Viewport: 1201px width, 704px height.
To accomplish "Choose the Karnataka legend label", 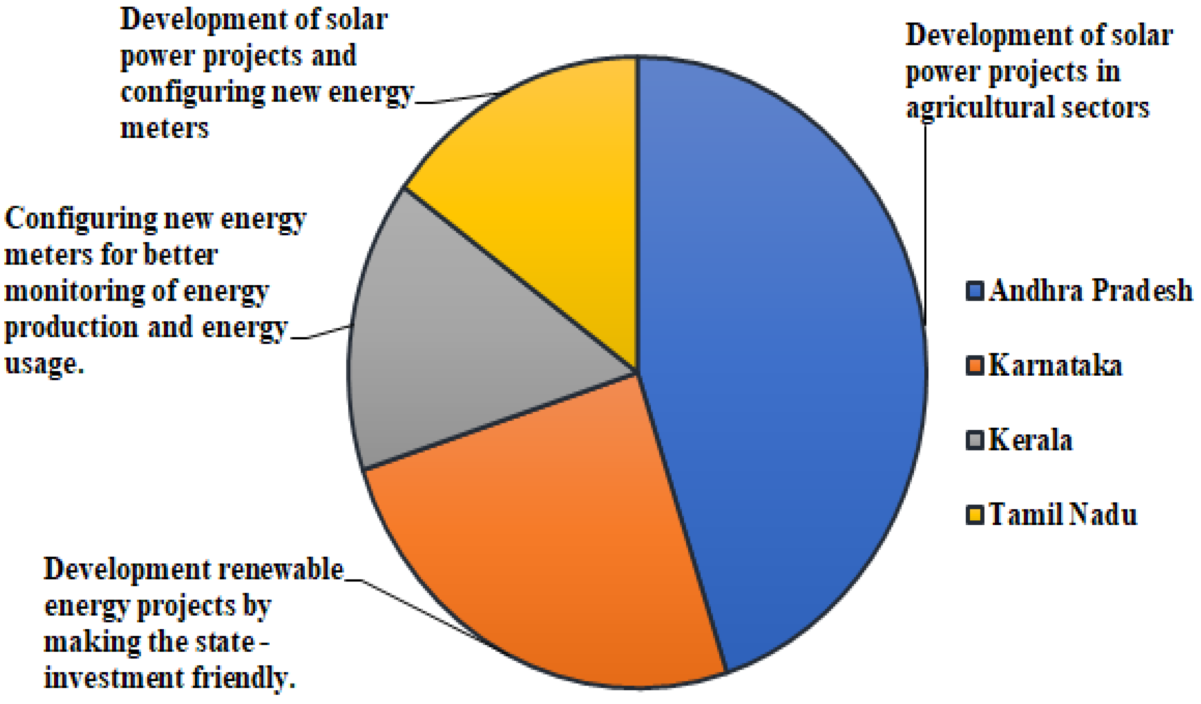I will (x=1055, y=366).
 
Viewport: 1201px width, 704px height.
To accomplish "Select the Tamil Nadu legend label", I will (x=1063, y=515).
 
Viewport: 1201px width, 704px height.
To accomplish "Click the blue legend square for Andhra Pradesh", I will (x=975, y=291).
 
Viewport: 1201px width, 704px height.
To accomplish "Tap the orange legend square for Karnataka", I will (x=975, y=366).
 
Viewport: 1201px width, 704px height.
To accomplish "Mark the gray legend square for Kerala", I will (x=975, y=440).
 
